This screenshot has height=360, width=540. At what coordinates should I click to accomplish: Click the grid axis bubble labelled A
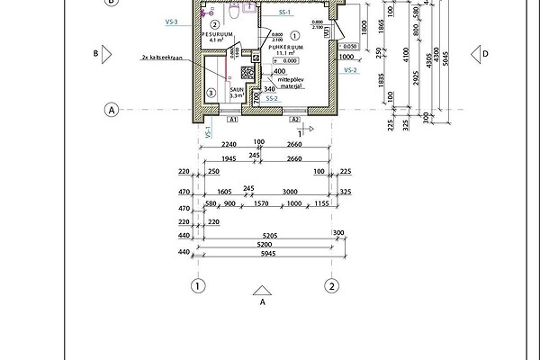pos(112,110)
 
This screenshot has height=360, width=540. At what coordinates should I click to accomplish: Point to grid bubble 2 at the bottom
pos(332,287)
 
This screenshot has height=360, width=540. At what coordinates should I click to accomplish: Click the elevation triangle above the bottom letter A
pos(262,291)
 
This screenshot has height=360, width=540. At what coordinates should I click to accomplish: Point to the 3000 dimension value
pos(290,192)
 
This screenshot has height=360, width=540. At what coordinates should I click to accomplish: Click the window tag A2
pos(294,118)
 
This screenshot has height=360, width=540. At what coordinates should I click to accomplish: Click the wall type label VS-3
pos(171,21)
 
